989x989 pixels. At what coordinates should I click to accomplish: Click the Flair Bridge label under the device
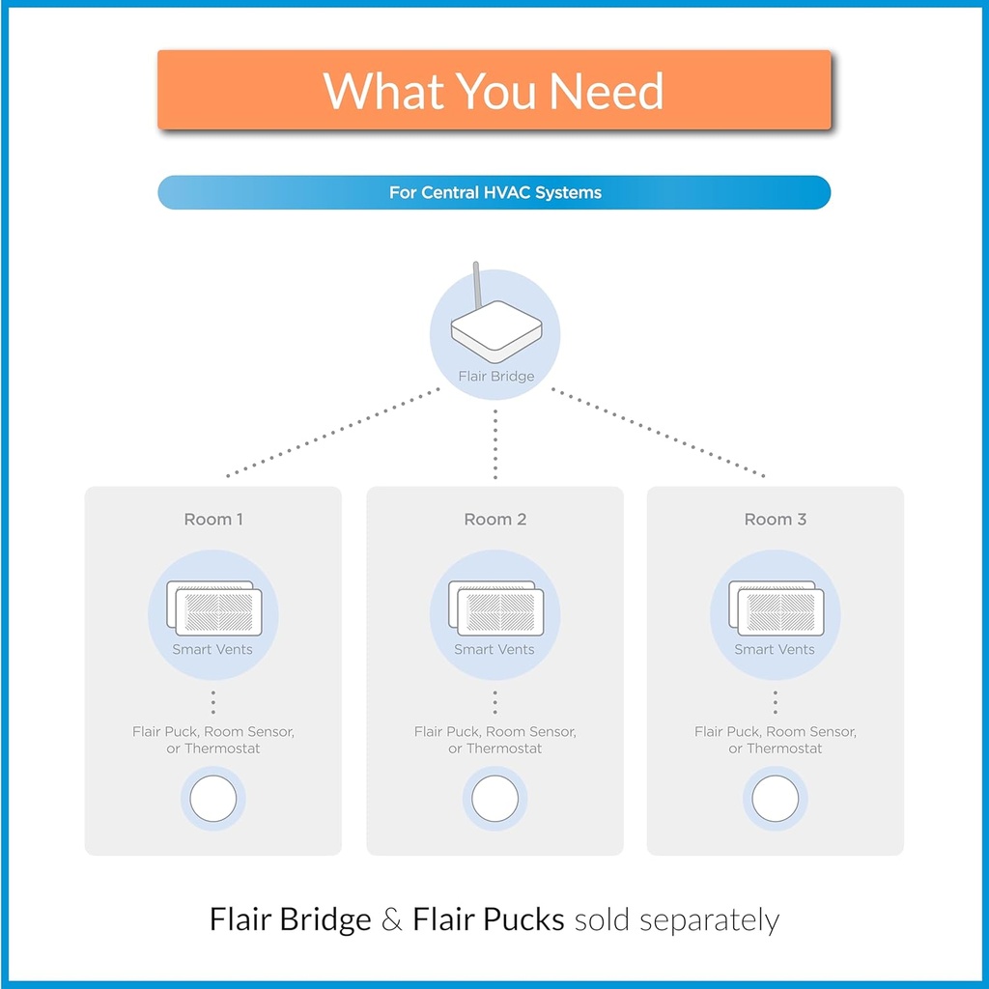click(x=495, y=376)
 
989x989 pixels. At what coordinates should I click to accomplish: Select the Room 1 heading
click(x=213, y=520)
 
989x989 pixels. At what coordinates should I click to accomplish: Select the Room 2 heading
click(x=495, y=520)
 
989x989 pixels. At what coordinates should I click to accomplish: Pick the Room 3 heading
click(x=775, y=520)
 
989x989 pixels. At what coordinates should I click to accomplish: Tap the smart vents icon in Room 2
click(x=495, y=608)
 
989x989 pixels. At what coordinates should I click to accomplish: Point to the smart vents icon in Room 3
click(x=776, y=608)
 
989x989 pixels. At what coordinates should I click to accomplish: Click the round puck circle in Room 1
click(x=213, y=799)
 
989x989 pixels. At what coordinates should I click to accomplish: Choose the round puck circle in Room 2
click(x=495, y=799)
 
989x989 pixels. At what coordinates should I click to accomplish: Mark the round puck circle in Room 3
click(x=776, y=799)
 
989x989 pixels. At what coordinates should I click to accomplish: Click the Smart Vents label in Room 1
click(x=212, y=650)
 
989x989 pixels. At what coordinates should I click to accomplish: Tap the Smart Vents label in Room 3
click(x=775, y=650)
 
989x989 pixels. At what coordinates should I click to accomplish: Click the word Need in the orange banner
click(x=607, y=91)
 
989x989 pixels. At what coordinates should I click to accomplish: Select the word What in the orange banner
click(x=383, y=91)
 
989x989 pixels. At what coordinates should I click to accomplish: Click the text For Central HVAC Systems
click(x=494, y=192)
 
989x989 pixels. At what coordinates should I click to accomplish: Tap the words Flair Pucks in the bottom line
click(x=488, y=919)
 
